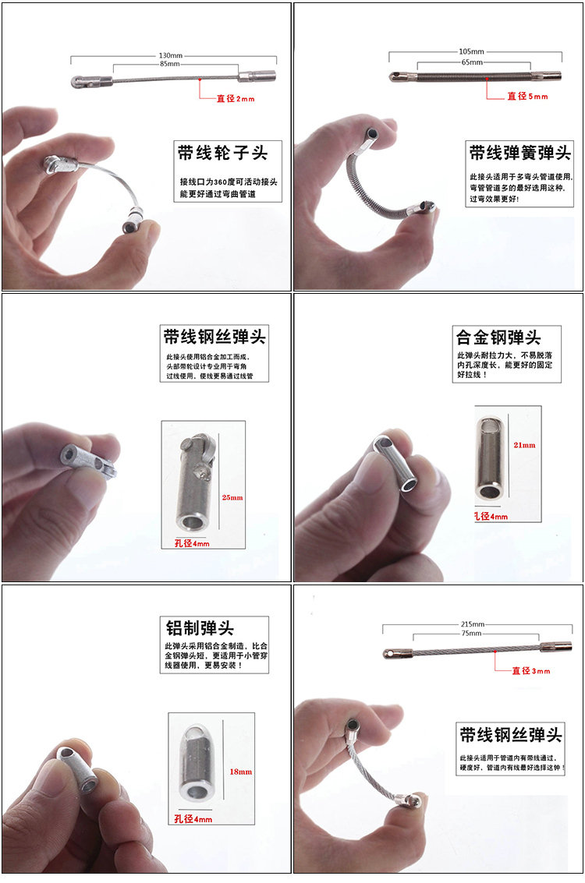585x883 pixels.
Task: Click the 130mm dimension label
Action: click(171, 56)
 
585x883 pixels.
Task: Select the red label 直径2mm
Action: click(235, 99)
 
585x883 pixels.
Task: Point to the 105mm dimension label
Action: click(471, 52)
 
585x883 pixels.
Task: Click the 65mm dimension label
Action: click(471, 62)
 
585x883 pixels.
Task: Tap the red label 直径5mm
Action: click(527, 97)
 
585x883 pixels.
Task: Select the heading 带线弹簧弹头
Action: click(519, 151)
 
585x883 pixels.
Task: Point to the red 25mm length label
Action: click(232, 497)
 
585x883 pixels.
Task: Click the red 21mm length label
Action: click(525, 445)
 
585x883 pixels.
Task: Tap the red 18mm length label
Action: click(240, 772)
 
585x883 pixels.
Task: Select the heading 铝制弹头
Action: click(200, 628)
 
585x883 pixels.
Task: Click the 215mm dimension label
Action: click(473, 624)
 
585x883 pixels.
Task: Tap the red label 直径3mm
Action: click(531, 670)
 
